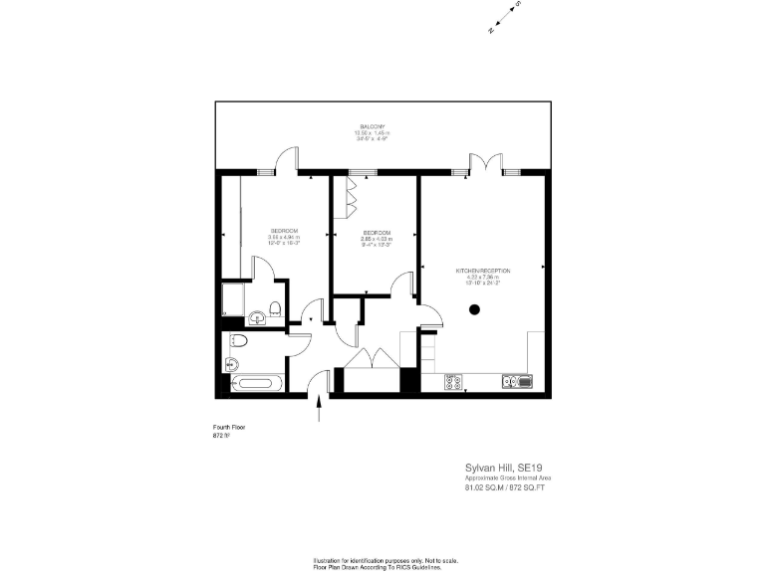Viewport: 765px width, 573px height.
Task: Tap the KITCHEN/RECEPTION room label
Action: (483, 271)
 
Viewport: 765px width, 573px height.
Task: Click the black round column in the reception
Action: (474, 310)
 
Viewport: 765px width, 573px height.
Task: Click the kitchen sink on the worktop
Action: (519, 381)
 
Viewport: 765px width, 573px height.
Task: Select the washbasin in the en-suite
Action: (257, 317)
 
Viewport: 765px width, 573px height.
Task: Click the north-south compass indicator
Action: (505, 18)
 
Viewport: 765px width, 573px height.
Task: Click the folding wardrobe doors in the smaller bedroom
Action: (351, 196)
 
